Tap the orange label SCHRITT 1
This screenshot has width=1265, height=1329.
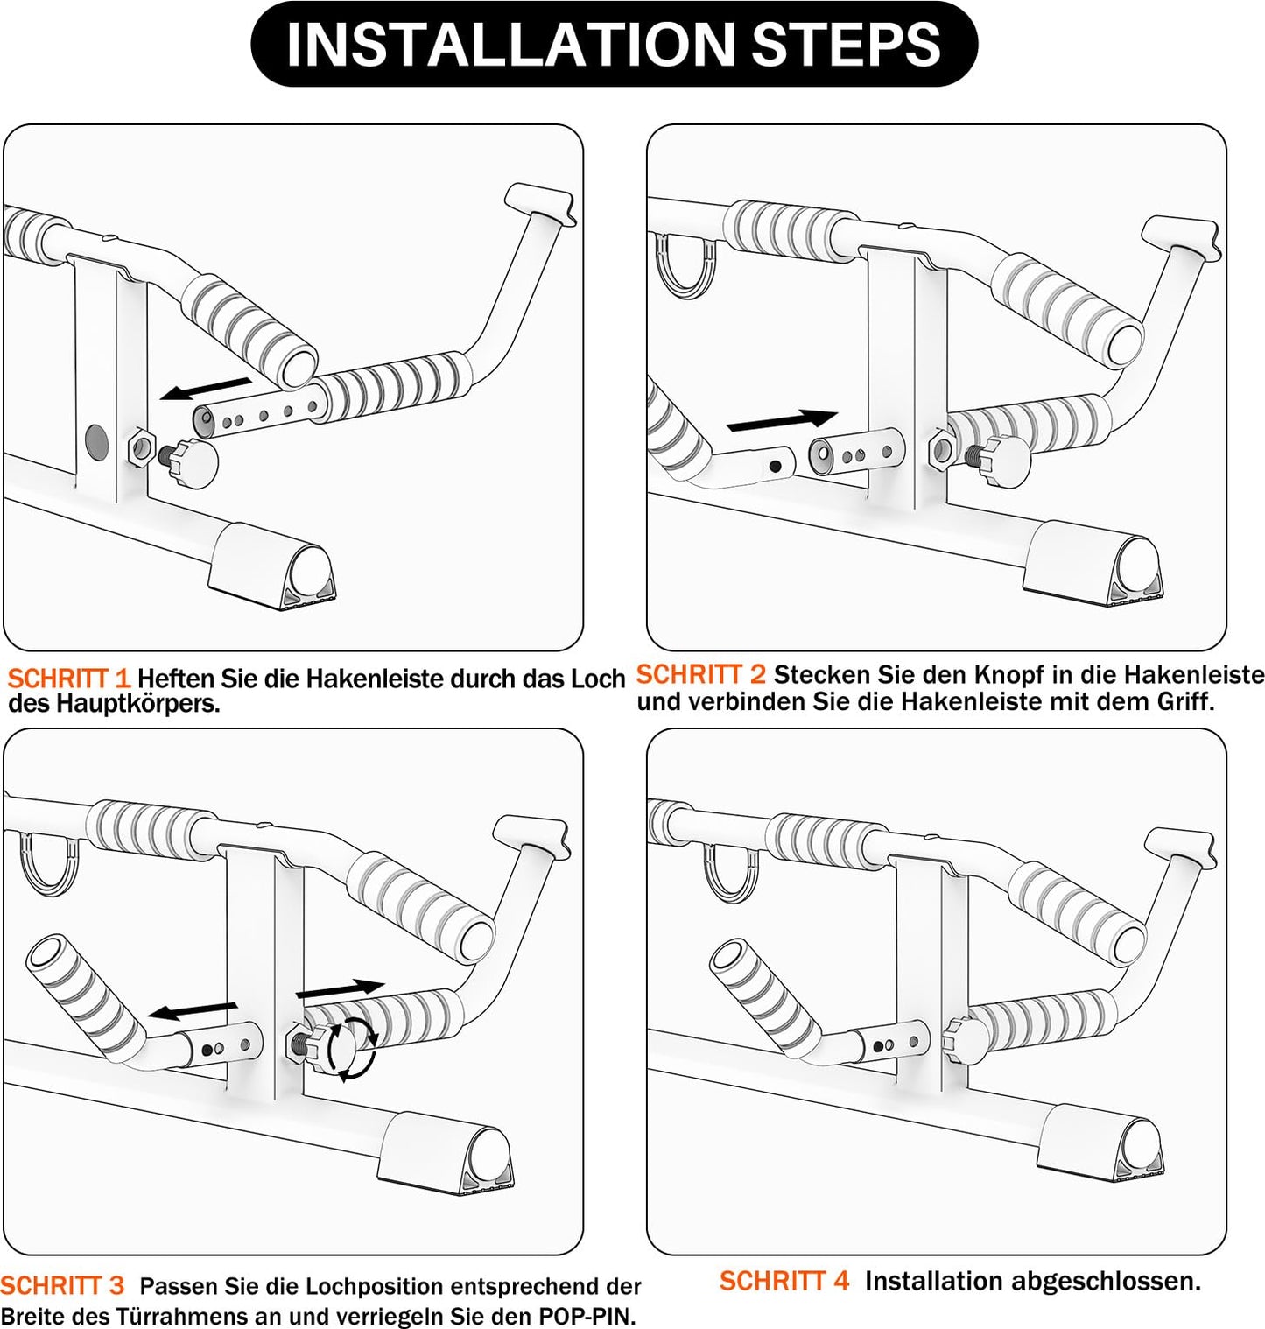click(68, 678)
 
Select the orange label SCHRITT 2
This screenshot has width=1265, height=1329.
click(700, 674)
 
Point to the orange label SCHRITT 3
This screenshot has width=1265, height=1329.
click(62, 1285)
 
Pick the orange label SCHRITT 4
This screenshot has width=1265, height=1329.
click(784, 1281)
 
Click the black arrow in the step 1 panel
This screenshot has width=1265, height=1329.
click(207, 389)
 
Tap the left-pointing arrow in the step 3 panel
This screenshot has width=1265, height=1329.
click(192, 1011)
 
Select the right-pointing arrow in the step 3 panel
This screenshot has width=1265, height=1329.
click(341, 989)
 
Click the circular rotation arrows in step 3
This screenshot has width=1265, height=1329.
click(351, 1048)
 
